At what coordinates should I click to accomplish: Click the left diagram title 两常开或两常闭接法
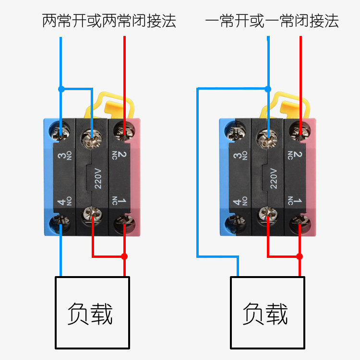[x=109, y=21]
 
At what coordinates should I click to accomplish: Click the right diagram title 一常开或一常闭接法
[x=272, y=21]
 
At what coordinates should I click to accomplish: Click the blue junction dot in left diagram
[x=61, y=89]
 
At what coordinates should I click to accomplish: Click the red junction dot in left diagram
[x=124, y=256]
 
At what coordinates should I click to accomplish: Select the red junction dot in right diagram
[x=300, y=256]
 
